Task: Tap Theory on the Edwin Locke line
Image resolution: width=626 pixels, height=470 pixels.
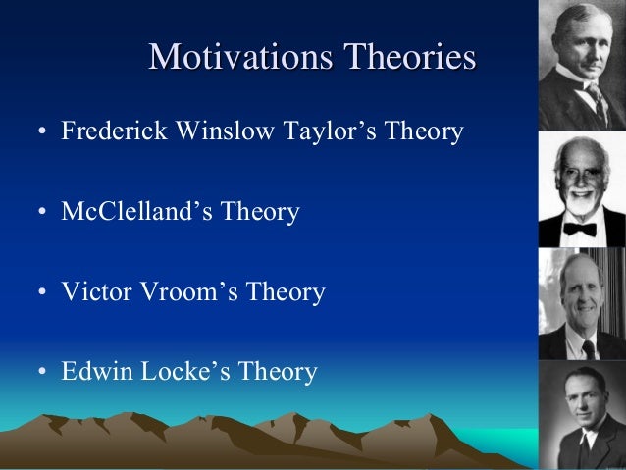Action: click(280, 373)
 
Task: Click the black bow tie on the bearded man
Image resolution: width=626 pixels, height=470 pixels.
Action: click(580, 230)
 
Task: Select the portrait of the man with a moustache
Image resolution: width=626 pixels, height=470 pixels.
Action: click(583, 65)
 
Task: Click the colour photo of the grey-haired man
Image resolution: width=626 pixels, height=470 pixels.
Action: click(583, 304)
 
